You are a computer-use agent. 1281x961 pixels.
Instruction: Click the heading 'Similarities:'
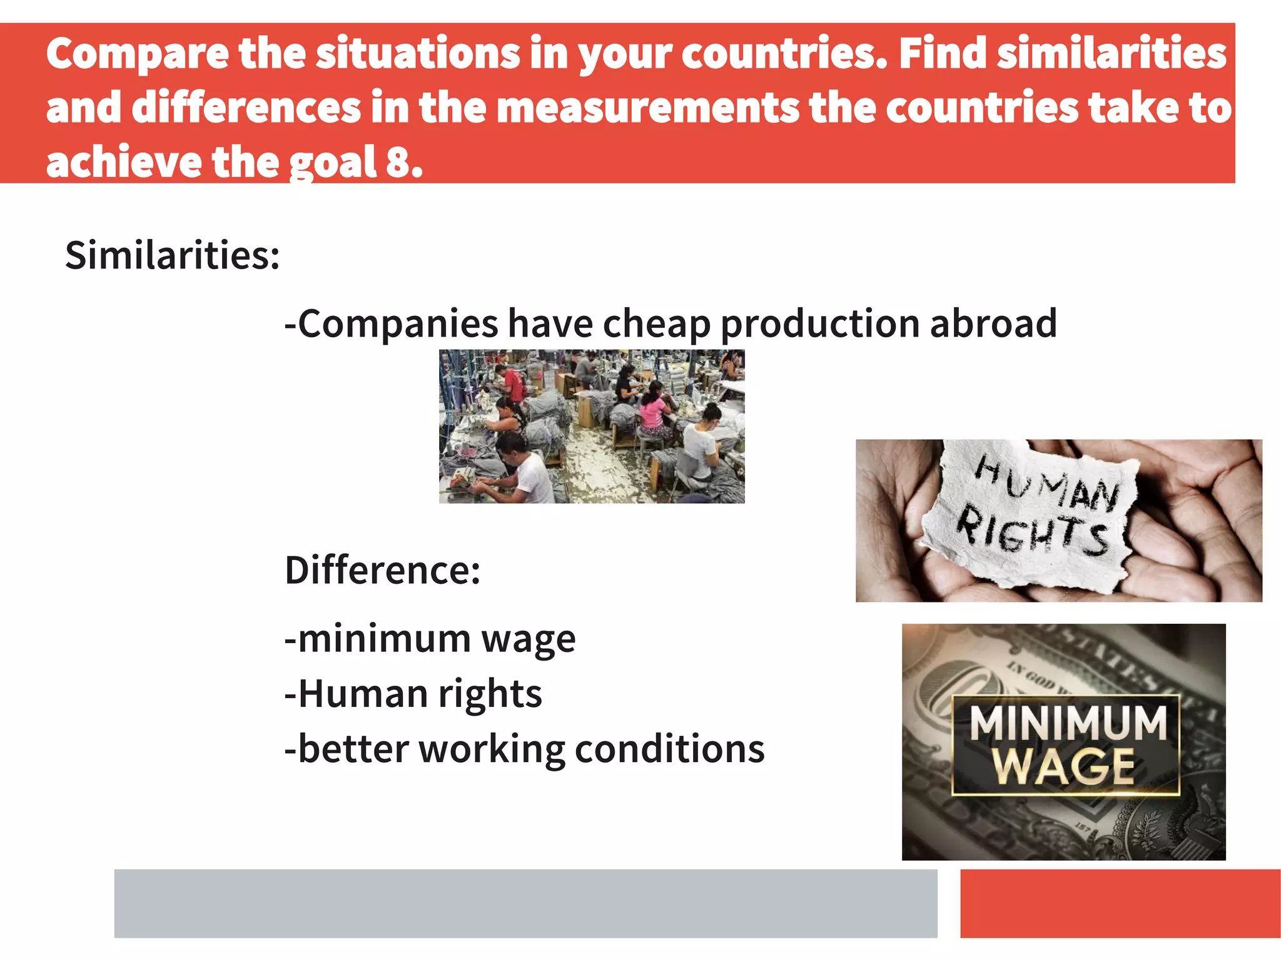click(x=173, y=255)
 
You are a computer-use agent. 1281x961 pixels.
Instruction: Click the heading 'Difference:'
click(x=382, y=570)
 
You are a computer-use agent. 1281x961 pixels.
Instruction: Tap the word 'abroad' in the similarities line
click(x=993, y=323)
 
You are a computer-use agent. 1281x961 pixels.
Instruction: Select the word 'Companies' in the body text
click(x=398, y=325)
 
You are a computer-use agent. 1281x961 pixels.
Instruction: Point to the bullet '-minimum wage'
click(x=430, y=639)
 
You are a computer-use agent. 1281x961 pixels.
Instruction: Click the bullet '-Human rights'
click(x=413, y=694)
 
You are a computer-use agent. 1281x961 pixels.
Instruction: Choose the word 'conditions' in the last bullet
click(x=669, y=749)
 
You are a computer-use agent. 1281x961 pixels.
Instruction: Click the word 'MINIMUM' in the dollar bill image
click(x=1068, y=724)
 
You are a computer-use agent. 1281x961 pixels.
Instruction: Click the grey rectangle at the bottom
click(x=525, y=903)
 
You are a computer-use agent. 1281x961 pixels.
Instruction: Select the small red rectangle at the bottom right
click(x=1120, y=903)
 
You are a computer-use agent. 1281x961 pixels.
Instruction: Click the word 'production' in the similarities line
click(x=820, y=325)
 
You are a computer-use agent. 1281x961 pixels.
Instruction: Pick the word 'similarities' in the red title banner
click(x=1111, y=54)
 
